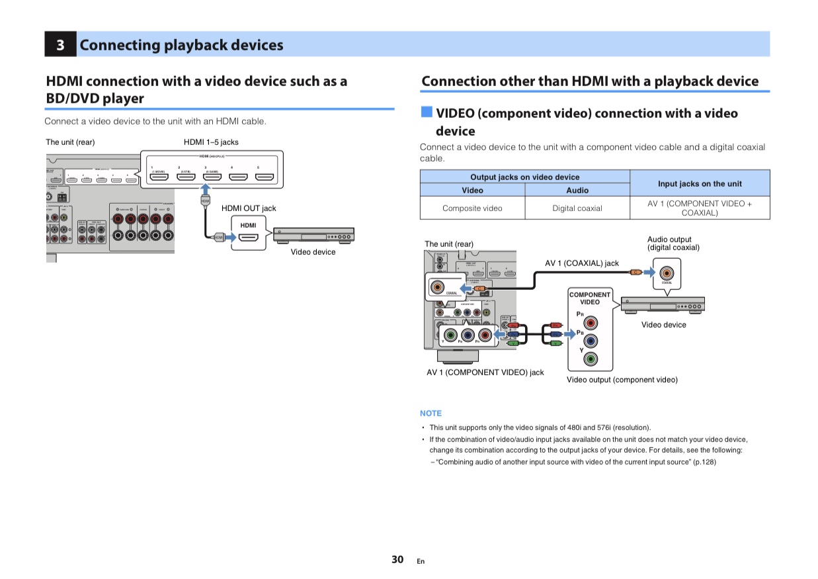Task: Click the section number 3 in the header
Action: [60, 45]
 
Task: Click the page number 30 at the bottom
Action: [397, 559]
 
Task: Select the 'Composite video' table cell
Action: [472, 208]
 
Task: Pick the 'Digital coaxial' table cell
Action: [577, 208]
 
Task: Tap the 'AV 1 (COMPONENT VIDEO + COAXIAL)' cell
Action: [699, 208]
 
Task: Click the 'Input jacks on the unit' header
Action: [699, 183]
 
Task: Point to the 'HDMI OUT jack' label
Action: [249, 208]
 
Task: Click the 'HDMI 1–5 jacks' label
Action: [211, 142]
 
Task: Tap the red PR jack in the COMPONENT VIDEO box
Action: [591, 323]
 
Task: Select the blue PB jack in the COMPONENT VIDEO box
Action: [591, 341]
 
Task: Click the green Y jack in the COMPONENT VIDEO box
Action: [591, 359]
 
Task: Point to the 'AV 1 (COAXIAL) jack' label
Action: [582, 263]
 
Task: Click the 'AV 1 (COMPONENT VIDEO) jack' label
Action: [485, 373]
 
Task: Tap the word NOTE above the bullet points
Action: [430, 414]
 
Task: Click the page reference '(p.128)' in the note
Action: [704, 462]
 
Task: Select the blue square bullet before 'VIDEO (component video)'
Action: [427, 113]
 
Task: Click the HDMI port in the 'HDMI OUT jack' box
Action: [248, 236]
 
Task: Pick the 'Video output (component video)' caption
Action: [622, 380]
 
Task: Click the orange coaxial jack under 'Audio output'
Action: [667, 272]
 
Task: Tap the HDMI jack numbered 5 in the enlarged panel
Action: [265, 177]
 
